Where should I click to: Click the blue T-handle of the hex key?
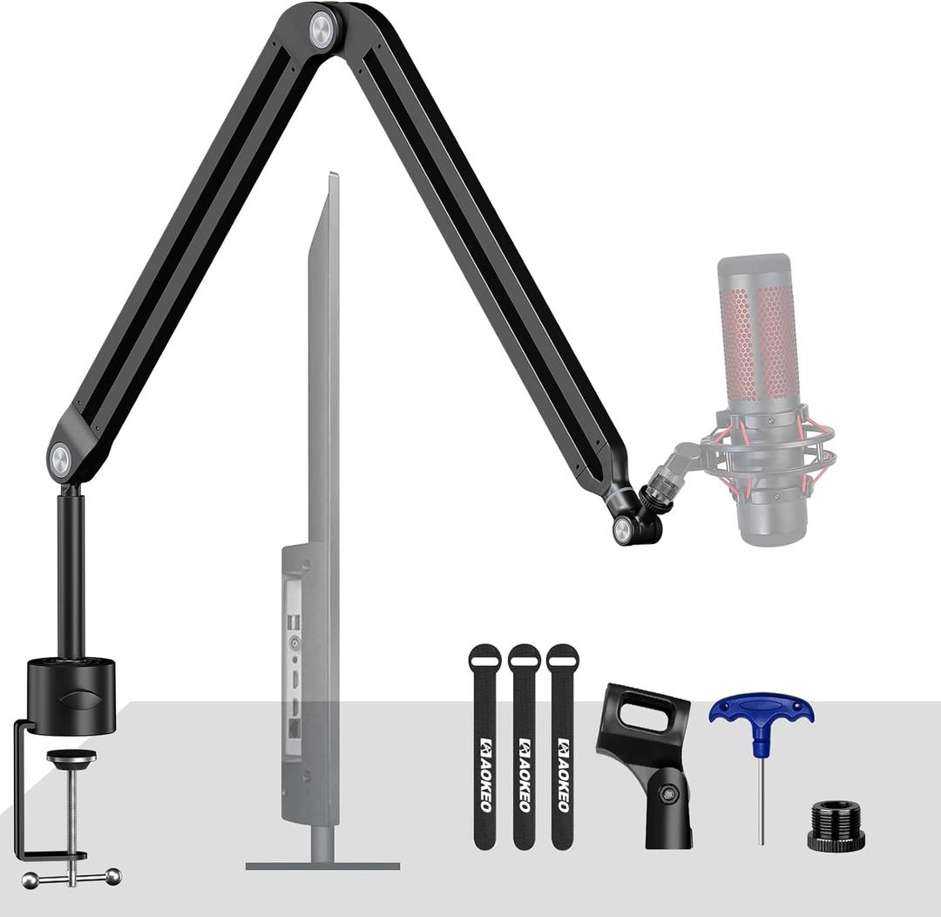pos(761,711)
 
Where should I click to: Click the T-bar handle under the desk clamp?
pos(71,877)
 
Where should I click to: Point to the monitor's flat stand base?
pos(322,866)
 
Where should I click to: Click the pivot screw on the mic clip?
pos(667,793)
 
